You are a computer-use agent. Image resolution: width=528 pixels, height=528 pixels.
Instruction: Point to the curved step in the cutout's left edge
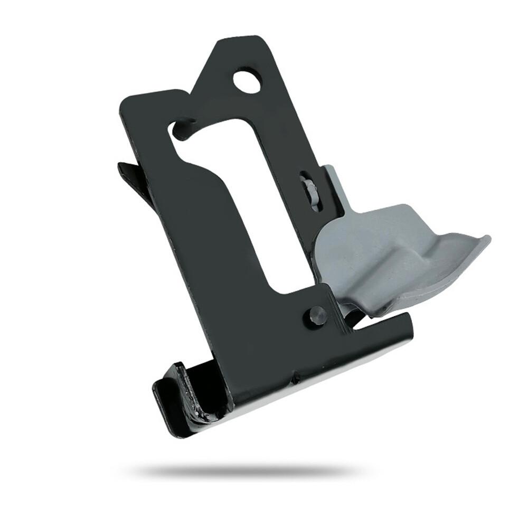click(211, 169)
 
